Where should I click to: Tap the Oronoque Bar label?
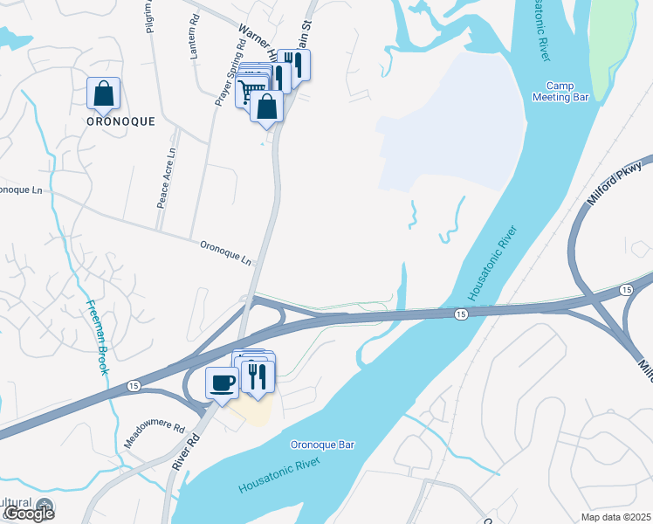(322, 445)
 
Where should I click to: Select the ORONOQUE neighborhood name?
(120, 122)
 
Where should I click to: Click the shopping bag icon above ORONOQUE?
(103, 93)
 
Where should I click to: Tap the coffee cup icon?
(222, 383)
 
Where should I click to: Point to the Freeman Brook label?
(97, 337)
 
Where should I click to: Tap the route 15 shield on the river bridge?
(459, 314)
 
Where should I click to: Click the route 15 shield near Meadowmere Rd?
(134, 384)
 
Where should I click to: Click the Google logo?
(28, 513)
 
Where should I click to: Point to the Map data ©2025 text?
(615, 517)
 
